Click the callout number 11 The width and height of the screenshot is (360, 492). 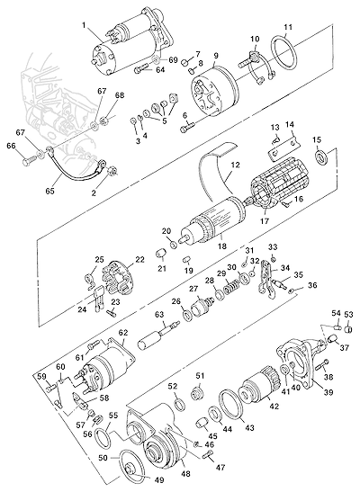tap(288, 27)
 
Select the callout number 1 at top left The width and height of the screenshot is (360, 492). tap(84, 25)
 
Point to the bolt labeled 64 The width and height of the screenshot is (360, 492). tap(142, 68)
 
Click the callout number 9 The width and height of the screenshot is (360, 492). tap(216, 55)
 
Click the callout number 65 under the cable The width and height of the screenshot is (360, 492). tap(49, 191)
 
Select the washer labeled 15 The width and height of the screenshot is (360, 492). tap(321, 157)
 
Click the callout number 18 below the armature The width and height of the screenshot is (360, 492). tap(222, 246)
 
